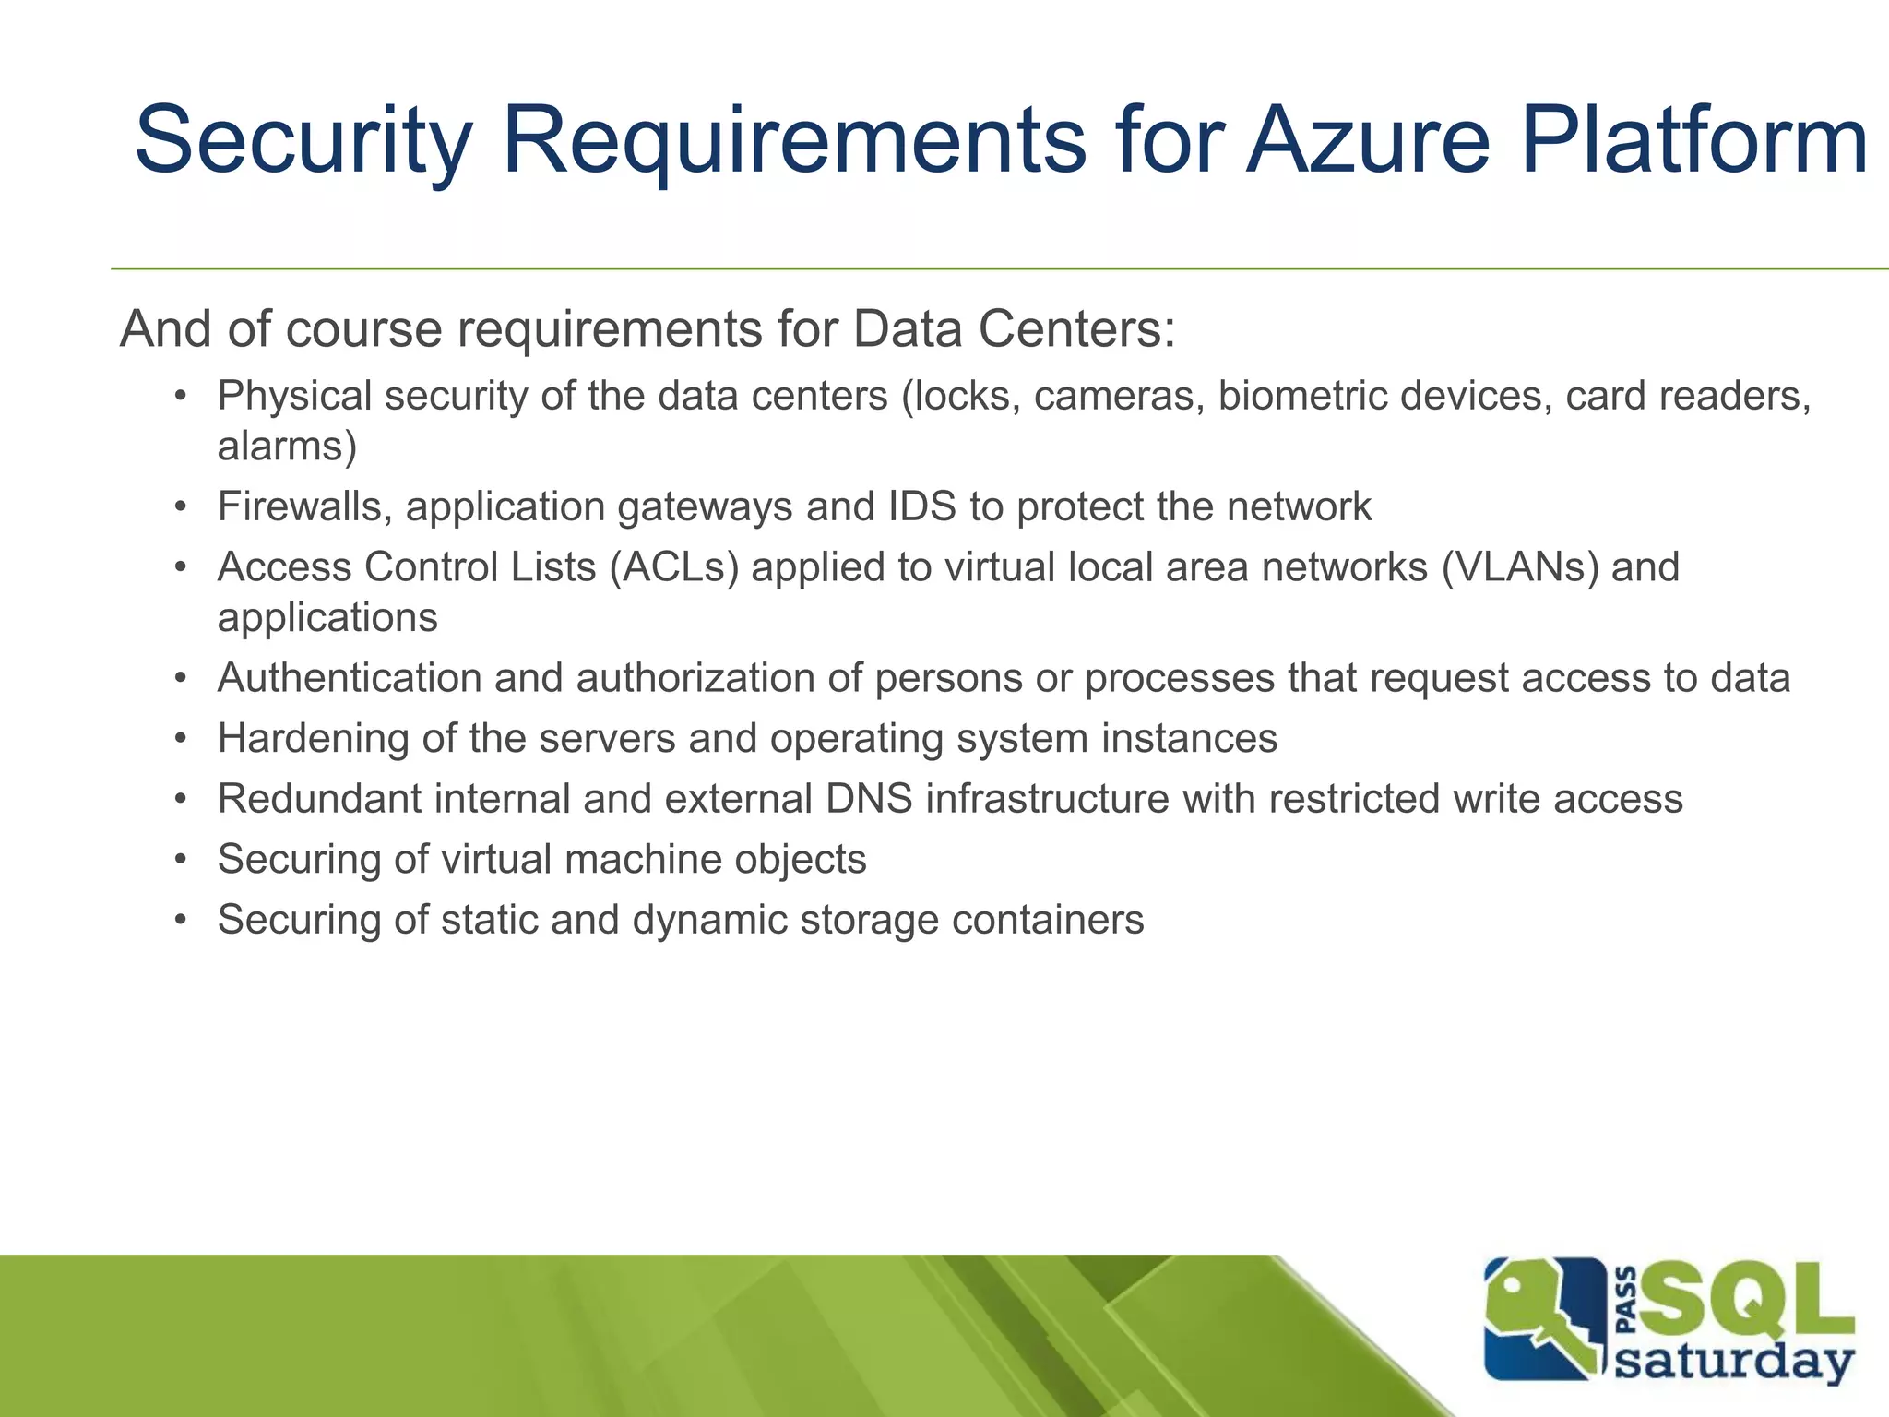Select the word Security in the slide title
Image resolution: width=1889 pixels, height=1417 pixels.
pos(303,140)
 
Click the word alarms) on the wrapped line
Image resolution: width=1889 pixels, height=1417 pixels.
pos(287,447)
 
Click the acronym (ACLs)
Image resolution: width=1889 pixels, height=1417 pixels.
pos(673,566)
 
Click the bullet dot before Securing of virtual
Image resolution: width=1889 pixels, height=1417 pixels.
pos(182,860)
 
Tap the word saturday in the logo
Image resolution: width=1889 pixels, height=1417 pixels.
pos(1735,1361)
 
